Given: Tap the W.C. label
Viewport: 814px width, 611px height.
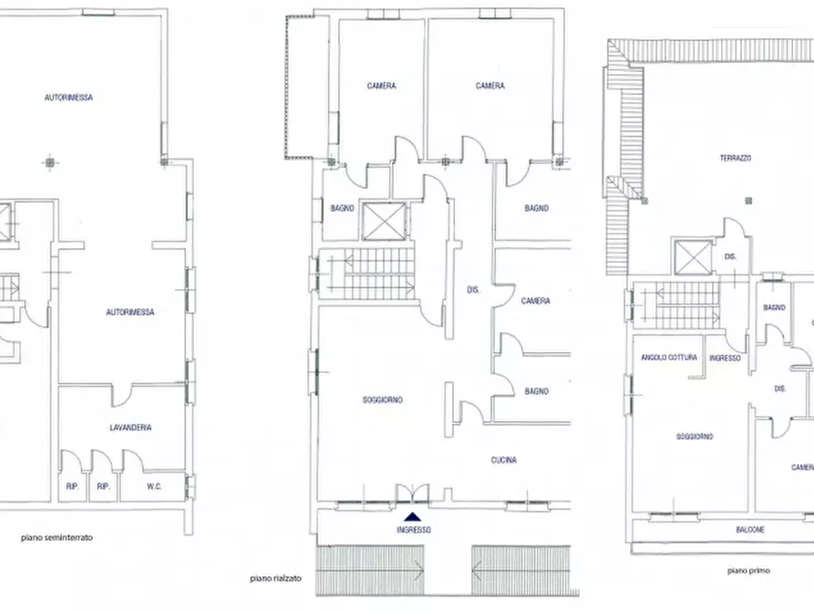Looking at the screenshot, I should pyautogui.click(x=154, y=486).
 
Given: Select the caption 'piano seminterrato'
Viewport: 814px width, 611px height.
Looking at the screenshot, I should pyautogui.click(x=57, y=538).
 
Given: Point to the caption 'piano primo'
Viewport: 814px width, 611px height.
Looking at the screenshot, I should pyautogui.click(x=749, y=570).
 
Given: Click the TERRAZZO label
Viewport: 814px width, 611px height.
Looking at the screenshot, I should pyautogui.click(x=735, y=158).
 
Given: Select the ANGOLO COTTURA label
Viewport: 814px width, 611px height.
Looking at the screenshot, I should pyautogui.click(x=668, y=357).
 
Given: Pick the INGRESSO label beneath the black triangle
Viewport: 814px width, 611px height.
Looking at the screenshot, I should pyautogui.click(x=414, y=530).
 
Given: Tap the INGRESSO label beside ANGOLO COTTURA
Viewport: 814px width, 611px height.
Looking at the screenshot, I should pyautogui.click(x=725, y=357).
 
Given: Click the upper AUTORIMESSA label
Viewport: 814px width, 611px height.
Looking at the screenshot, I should pyautogui.click(x=69, y=97).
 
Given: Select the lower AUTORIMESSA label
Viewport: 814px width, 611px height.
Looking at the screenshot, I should pyautogui.click(x=129, y=312).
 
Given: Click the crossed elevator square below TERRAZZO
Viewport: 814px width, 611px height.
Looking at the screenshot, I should pyautogui.click(x=691, y=256).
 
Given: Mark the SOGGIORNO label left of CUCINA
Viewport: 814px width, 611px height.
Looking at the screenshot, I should pyautogui.click(x=383, y=399).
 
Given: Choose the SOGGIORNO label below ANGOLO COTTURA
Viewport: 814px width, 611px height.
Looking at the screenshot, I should pyautogui.click(x=695, y=437).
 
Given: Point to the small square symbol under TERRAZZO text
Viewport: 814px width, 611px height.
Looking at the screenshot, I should pyautogui.click(x=749, y=200).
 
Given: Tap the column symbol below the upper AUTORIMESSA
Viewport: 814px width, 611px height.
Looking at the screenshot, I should pyautogui.click(x=47, y=163).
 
